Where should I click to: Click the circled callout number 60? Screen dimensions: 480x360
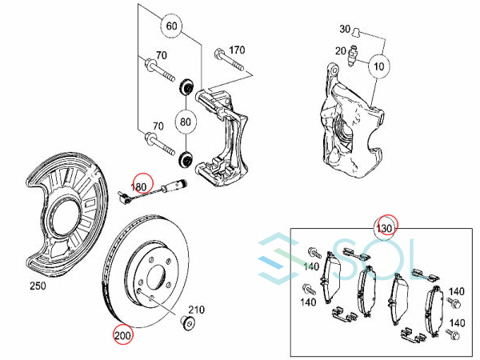(171, 26)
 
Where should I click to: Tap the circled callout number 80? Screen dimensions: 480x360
(186, 122)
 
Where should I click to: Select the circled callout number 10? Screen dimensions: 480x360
(379, 66)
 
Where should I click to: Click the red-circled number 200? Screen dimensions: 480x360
(122, 335)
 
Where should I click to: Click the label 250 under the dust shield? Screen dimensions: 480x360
(38, 286)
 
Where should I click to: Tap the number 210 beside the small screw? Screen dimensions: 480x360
(196, 310)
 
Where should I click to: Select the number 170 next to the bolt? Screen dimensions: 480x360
(237, 50)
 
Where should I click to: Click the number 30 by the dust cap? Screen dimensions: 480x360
(345, 29)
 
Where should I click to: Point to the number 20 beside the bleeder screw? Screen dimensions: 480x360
(341, 51)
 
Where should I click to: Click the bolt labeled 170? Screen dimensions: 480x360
(229, 60)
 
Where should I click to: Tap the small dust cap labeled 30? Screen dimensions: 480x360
(356, 31)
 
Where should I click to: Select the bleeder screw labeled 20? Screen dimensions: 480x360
(353, 56)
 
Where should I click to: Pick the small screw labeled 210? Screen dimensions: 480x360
(189, 322)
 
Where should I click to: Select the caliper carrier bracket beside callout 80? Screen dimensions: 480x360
(222, 138)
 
